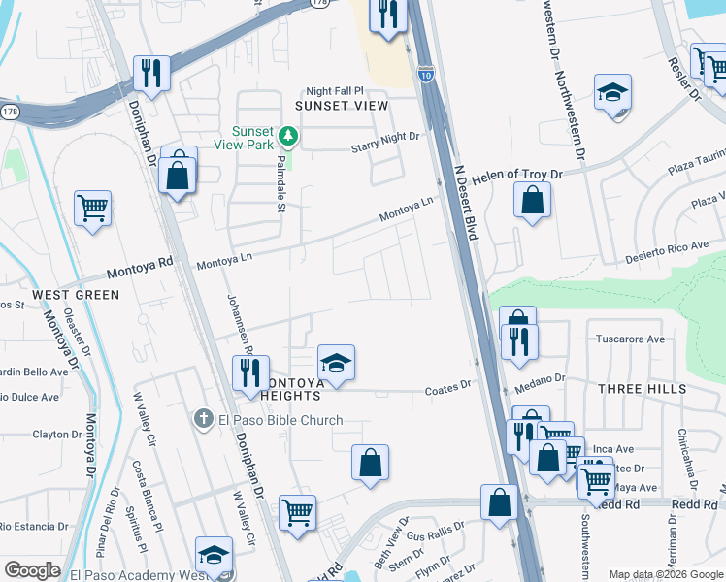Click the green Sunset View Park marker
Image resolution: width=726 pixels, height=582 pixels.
click(286, 135)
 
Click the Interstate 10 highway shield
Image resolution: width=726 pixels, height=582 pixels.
click(426, 72)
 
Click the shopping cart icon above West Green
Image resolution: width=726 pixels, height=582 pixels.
click(92, 207)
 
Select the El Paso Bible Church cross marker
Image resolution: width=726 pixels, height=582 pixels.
click(202, 419)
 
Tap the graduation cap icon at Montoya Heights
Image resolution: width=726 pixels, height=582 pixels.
click(336, 363)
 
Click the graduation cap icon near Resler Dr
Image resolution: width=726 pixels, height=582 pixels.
click(612, 92)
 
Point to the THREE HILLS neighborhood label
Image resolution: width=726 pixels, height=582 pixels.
click(642, 389)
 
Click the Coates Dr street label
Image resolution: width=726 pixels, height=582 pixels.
click(447, 387)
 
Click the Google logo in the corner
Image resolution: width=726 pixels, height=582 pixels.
click(32, 569)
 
